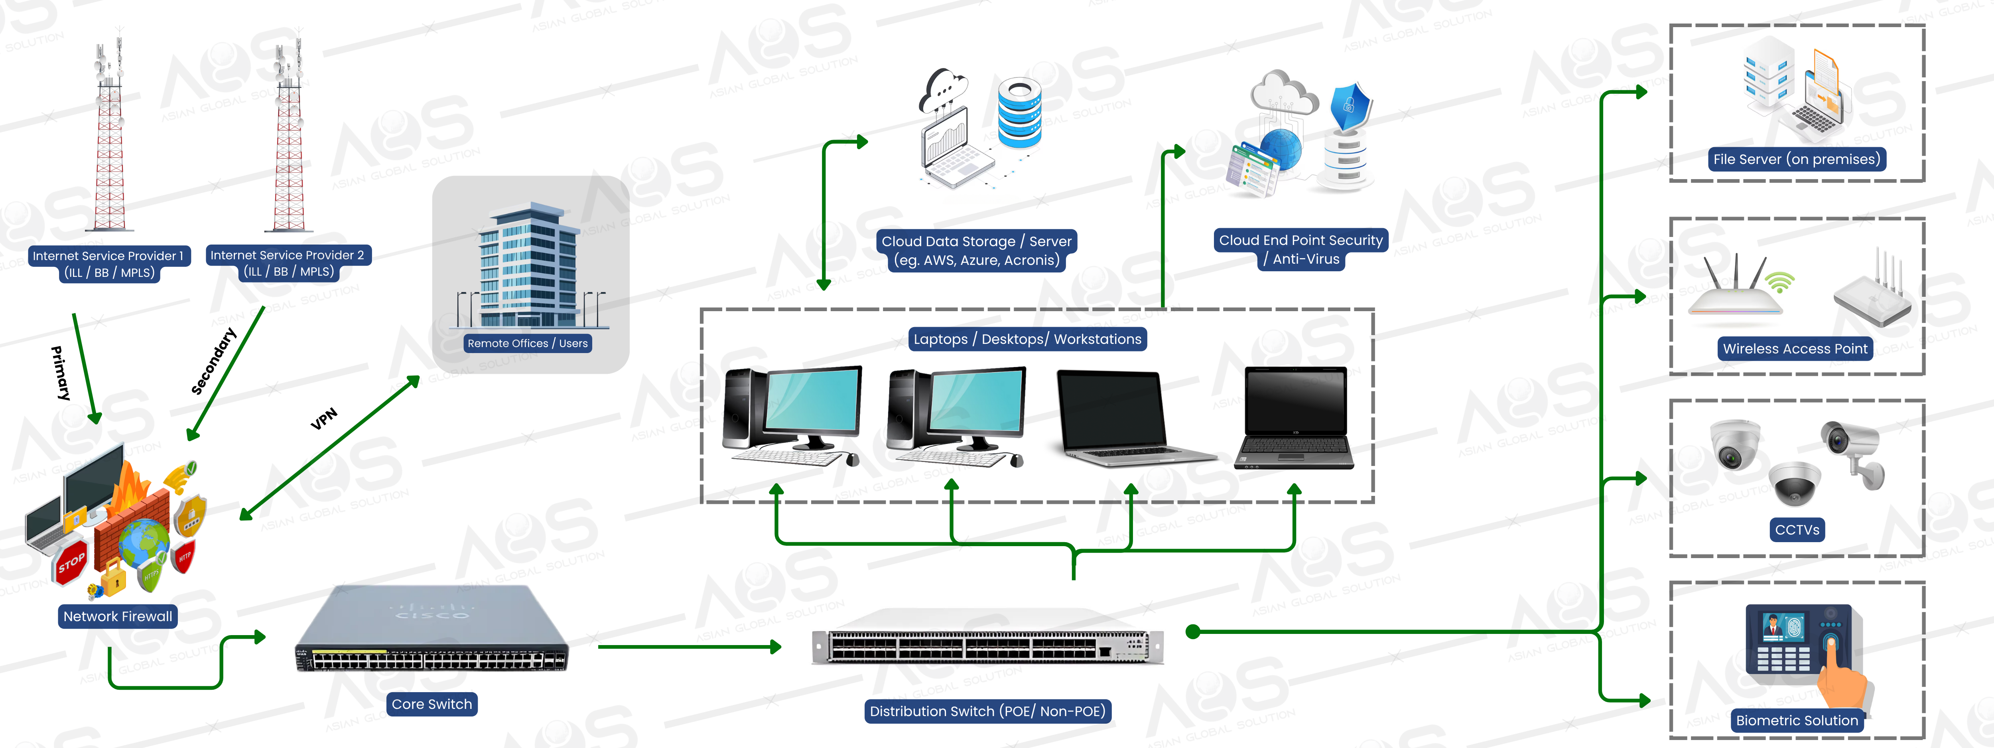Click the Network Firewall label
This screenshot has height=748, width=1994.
[118, 616]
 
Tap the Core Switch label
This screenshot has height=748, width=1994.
[431, 704]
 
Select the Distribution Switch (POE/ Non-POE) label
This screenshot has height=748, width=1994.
[987, 711]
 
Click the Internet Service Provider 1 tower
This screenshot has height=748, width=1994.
[109, 139]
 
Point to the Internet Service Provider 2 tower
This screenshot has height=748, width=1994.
[289, 139]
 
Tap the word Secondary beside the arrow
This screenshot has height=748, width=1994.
[214, 361]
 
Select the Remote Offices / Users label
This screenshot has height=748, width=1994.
[527, 343]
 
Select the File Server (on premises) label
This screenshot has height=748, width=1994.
[1796, 160]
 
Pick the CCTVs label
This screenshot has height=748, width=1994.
[1797, 530]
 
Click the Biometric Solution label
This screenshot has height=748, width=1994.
[1796, 720]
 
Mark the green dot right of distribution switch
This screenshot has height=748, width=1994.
[1193, 632]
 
